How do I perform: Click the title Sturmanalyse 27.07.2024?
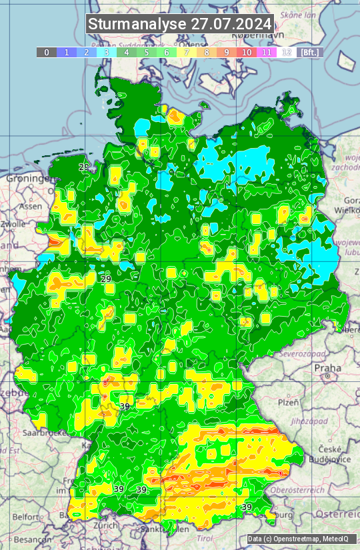[180, 24]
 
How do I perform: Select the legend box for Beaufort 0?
[47, 52]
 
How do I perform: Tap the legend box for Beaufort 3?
[107, 52]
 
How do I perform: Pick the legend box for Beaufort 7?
[187, 52]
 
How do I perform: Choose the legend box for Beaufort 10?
[247, 52]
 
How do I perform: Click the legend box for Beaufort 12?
[287, 52]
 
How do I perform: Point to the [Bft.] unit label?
[310, 52]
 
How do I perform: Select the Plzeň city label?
[287, 402]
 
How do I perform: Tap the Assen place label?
[30, 207]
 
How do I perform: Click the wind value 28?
[84, 167]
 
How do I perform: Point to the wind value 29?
[106, 279]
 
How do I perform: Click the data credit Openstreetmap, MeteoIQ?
[297, 539]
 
